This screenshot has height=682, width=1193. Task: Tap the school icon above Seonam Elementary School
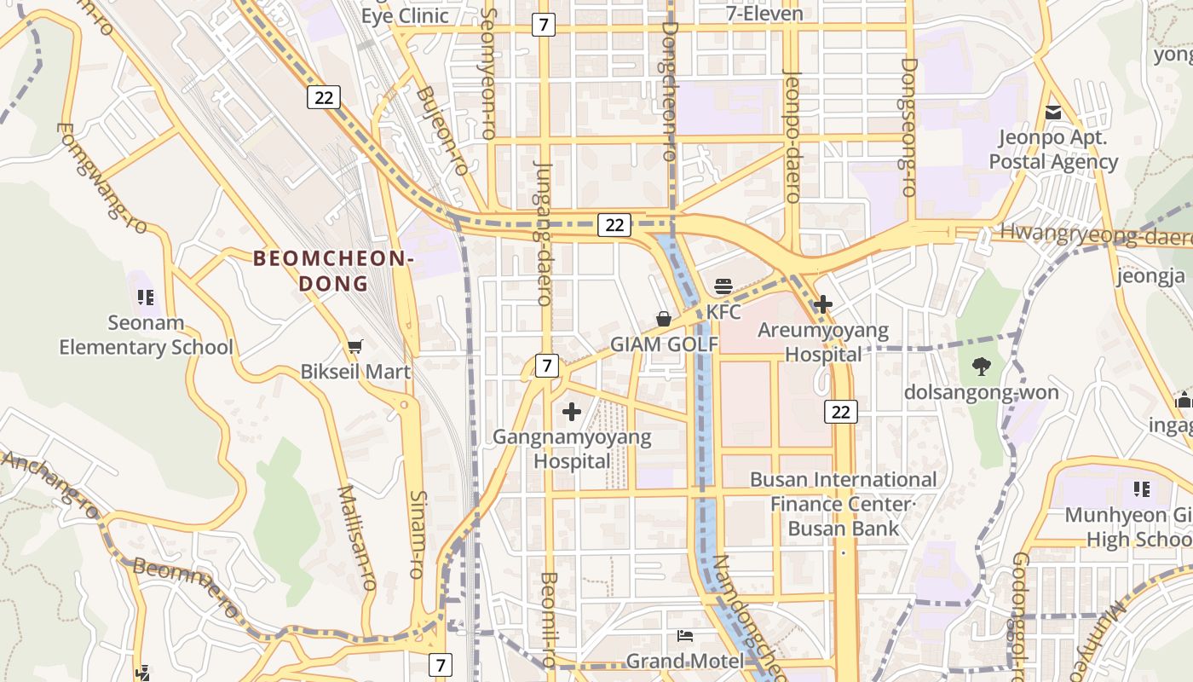tap(146, 298)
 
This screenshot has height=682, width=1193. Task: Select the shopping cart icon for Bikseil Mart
tap(355, 346)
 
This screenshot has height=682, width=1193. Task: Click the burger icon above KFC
tap(723, 286)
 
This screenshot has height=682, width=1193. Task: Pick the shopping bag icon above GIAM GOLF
tap(664, 319)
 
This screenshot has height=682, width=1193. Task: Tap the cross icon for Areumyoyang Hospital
tap(823, 303)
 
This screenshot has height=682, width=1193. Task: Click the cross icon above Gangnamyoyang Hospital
tap(572, 413)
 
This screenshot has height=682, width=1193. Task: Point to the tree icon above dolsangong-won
tap(982, 367)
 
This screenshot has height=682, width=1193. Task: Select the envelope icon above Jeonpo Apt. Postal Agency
tap(1053, 113)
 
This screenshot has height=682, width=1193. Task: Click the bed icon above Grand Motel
tap(684, 636)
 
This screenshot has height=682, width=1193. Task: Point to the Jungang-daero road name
tap(544, 232)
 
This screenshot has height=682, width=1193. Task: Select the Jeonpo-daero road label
tap(792, 136)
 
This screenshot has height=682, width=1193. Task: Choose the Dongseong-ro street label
tap(908, 128)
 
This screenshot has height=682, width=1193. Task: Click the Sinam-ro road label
tap(417, 535)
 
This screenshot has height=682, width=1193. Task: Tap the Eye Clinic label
tap(405, 15)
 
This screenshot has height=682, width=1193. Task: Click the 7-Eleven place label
tap(764, 14)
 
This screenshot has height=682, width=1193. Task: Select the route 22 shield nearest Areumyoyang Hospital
tap(840, 412)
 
